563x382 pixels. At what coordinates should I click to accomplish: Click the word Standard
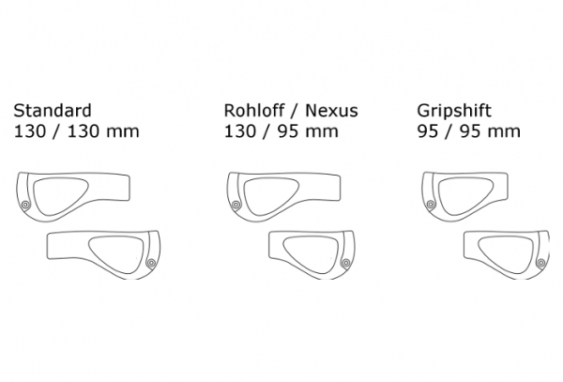point(53,111)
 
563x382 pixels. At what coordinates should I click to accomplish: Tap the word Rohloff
point(254,111)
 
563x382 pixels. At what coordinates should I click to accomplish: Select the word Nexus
point(331,111)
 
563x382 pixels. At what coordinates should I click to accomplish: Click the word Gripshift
point(454,112)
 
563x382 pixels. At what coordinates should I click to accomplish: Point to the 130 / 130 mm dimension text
point(77,131)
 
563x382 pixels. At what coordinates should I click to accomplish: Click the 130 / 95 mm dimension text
point(281,131)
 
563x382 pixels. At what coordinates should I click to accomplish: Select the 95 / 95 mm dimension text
point(468,131)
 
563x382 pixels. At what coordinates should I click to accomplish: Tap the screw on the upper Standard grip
point(25,205)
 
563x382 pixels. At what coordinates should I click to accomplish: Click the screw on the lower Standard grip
point(151,263)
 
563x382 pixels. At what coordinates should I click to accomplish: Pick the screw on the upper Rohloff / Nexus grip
point(236,205)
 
